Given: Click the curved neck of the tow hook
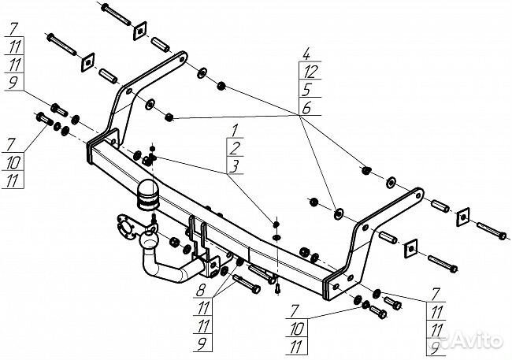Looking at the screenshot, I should [169, 268].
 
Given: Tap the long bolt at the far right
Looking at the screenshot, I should [490, 232].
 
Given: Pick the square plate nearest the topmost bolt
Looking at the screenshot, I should [140, 30].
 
